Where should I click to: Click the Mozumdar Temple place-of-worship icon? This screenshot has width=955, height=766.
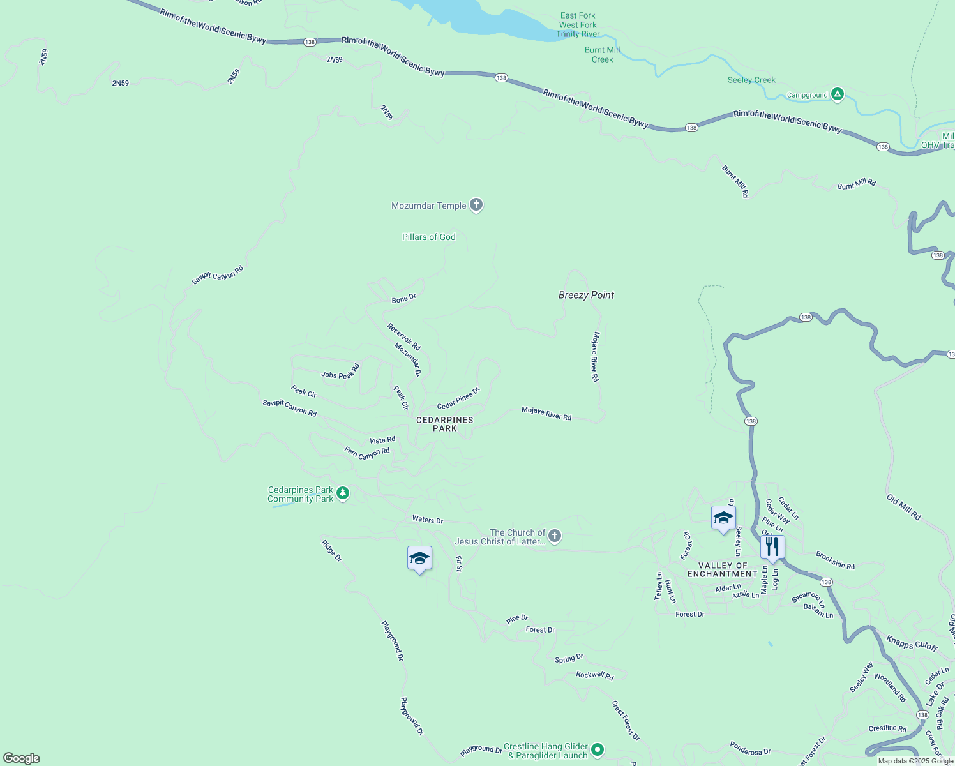point(476,205)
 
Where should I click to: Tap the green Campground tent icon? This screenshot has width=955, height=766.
point(838,94)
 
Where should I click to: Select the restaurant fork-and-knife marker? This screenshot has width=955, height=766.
point(772,547)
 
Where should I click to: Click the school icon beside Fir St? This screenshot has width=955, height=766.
point(419,559)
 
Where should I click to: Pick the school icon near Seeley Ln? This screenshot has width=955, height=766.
point(723,518)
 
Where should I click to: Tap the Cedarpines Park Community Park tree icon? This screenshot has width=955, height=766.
point(343,493)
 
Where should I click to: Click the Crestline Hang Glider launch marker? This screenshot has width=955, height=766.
point(597,749)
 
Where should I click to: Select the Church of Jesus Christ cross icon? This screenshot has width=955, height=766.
point(555,536)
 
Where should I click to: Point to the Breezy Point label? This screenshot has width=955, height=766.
point(586,295)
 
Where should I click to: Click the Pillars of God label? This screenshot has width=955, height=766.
point(428,237)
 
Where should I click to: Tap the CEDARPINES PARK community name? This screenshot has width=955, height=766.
point(445,424)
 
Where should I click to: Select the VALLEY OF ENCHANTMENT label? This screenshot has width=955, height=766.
point(722,569)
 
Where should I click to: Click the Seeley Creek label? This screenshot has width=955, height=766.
point(751,80)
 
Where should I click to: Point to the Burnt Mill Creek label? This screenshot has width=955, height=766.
point(602,54)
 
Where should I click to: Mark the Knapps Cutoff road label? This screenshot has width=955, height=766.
point(912,643)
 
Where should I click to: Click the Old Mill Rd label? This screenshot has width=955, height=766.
point(903,507)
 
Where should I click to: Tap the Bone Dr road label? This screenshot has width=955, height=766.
point(403,298)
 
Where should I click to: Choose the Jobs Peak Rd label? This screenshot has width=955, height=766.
point(341,372)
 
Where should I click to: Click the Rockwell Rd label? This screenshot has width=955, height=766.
point(594,675)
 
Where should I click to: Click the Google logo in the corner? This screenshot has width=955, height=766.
point(22,758)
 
